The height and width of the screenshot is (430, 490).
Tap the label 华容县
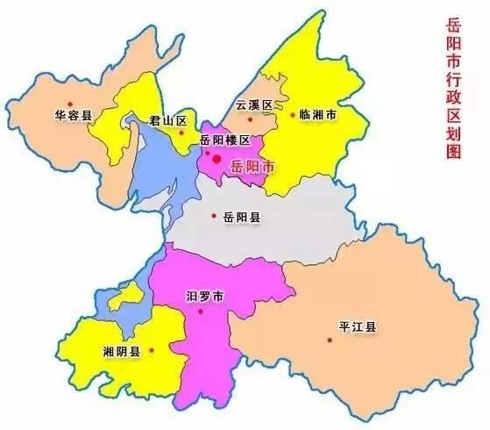[x=72, y=114]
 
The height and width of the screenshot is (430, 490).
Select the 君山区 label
[x=166, y=120]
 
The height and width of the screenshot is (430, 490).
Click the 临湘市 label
[x=319, y=115]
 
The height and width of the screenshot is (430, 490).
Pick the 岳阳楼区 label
[x=225, y=140]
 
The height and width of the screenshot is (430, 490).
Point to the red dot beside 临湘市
[x=293, y=114]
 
